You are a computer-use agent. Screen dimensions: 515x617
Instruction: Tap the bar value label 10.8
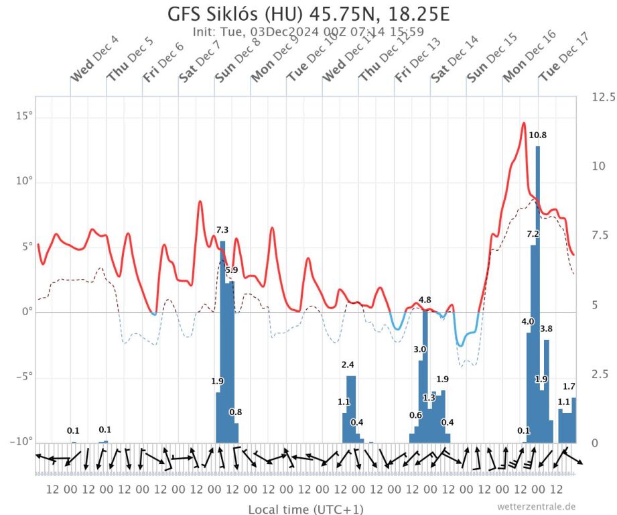pyautogui.click(x=537, y=135)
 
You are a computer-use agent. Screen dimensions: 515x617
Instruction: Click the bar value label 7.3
pyautogui.click(x=222, y=230)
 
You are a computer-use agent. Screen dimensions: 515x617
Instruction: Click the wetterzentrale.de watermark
pyautogui.click(x=536, y=506)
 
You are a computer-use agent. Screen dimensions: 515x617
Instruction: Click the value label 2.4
pyautogui.click(x=348, y=365)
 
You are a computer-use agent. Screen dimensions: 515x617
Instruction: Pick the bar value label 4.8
pyautogui.click(x=425, y=300)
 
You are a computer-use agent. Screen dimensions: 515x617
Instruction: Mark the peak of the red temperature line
pyautogui.click(x=524, y=123)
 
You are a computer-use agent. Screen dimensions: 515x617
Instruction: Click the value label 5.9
pyautogui.click(x=231, y=270)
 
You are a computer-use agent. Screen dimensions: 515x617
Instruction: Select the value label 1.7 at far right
pyautogui.click(x=569, y=386)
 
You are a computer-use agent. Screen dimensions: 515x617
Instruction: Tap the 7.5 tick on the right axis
pyautogui.click(x=600, y=235)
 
